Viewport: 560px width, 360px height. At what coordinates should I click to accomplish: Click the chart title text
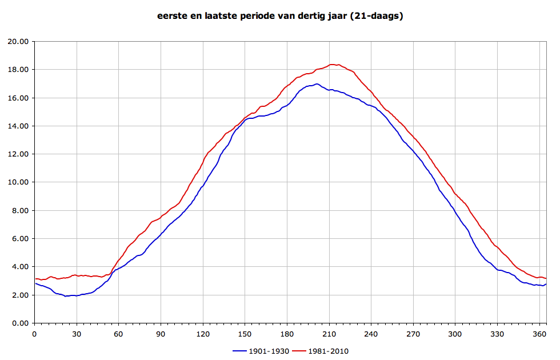(x=280, y=16)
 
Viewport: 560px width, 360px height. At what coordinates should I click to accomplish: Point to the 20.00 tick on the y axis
(x=19, y=42)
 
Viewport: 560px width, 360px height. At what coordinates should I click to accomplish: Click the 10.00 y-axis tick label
(x=19, y=182)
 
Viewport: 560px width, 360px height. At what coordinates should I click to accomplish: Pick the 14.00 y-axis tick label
(x=19, y=126)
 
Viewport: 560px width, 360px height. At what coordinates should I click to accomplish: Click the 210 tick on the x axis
(x=329, y=334)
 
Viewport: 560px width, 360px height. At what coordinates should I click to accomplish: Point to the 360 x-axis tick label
(x=538, y=334)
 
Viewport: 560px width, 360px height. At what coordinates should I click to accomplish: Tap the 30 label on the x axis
(x=77, y=334)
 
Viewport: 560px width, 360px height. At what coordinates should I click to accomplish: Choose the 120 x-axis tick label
(x=203, y=334)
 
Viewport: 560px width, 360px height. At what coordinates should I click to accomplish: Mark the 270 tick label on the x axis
(x=413, y=334)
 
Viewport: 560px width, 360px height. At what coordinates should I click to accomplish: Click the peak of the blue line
(x=317, y=84)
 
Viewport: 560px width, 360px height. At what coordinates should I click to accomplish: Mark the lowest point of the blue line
(x=66, y=296)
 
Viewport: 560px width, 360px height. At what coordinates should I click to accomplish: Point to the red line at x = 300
(x=455, y=193)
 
